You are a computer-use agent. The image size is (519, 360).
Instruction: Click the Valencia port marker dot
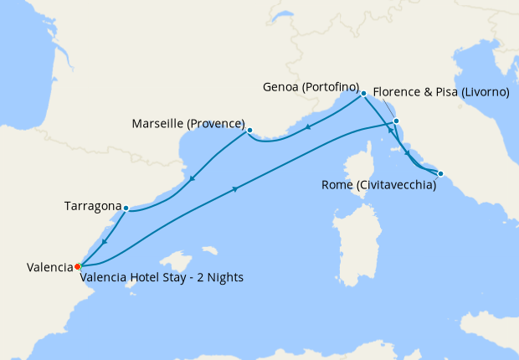click(x=77, y=266)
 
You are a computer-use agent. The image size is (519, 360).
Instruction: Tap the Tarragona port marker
click(x=126, y=208)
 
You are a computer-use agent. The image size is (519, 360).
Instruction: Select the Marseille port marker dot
click(x=249, y=130)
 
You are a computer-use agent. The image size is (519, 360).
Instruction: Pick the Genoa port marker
click(x=363, y=94)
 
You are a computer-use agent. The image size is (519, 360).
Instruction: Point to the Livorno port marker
click(x=396, y=121)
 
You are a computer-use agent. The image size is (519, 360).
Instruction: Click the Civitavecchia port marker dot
click(x=441, y=174)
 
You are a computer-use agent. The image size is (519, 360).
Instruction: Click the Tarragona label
click(x=91, y=206)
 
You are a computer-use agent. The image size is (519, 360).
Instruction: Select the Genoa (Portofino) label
click(x=310, y=88)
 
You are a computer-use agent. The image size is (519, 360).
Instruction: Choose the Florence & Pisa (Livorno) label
click(x=440, y=92)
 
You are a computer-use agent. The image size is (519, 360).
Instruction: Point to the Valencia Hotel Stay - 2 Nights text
click(x=162, y=278)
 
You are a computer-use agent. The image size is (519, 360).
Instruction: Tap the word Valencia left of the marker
click(x=49, y=267)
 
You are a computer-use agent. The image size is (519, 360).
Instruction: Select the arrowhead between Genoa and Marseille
click(x=308, y=128)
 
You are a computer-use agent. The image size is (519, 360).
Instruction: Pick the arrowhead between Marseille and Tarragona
click(x=193, y=178)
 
